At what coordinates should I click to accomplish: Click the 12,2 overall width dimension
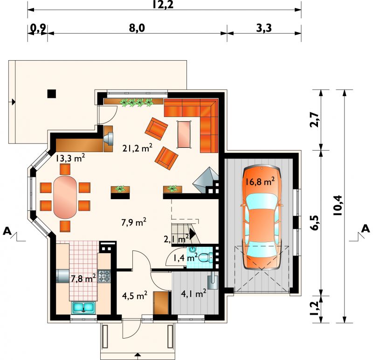coord(163,4)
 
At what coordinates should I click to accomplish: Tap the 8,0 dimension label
coord(137,28)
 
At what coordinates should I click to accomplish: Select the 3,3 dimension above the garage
coord(264,28)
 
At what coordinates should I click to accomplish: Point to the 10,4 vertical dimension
coord(337,205)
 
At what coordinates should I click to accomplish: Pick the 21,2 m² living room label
coord(138,148)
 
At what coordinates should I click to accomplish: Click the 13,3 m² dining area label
coord(70,158)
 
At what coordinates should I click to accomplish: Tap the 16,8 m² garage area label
coord(260,181)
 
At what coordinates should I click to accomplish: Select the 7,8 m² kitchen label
coord(83,278)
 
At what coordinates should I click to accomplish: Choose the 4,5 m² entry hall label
coord(135,296)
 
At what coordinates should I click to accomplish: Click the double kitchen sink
coord(83,307)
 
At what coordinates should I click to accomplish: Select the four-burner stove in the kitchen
coord(104,276)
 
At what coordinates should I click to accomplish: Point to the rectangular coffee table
coord(184,134)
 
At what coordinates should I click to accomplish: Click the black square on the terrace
coord(52,94)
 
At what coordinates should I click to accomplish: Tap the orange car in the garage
coord(262,217)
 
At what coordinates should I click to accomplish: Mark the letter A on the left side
coord(7,231)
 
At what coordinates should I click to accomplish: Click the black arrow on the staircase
coord(193,235)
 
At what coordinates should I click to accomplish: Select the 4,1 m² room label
coord(193,294)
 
